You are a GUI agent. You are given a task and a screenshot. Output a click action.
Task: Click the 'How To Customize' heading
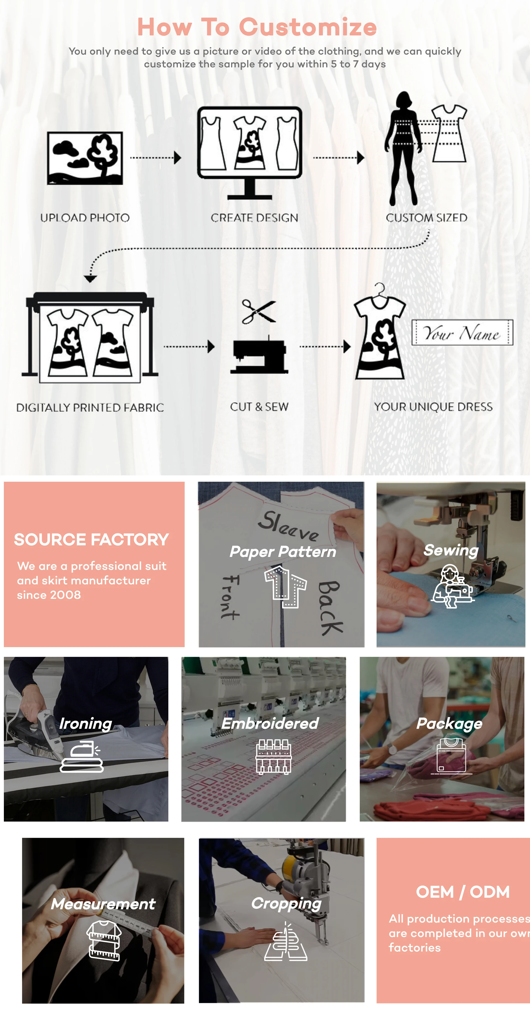point(257,27)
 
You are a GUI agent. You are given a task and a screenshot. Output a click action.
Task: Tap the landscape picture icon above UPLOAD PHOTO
point(85,158)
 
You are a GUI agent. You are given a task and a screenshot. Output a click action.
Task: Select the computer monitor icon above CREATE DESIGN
point(250,153)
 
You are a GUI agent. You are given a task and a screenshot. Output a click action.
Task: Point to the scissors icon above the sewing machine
point(259,311)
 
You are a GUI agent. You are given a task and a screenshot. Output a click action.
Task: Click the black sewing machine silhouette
point(259,355)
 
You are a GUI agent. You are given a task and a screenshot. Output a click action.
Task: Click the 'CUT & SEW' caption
point(259,407)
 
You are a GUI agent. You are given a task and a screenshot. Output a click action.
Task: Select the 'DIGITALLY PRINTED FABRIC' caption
point(90,407)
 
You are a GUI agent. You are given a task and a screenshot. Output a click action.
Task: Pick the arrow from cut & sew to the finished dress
point(325,346)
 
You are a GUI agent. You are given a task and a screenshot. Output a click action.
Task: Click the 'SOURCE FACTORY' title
point(92,539)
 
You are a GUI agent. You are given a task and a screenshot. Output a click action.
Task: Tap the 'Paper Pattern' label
point(283,552)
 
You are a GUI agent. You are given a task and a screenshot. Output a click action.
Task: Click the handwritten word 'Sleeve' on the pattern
point(288,526)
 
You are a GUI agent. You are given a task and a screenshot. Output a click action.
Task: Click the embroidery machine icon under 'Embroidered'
point(274,757)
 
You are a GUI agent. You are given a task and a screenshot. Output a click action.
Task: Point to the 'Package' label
point(449,723)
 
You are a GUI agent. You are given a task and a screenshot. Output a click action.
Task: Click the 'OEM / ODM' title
point(463,892)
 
